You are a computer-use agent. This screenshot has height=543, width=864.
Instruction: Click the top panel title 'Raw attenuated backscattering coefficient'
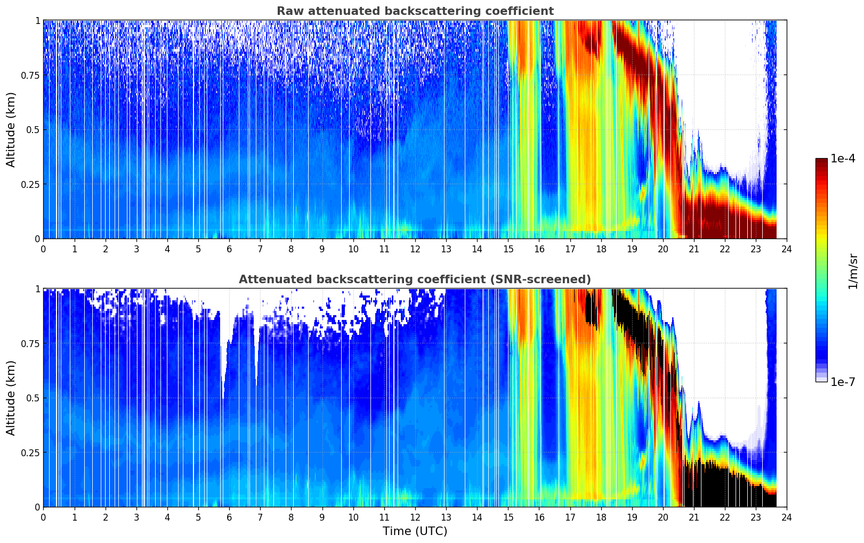[415, 11]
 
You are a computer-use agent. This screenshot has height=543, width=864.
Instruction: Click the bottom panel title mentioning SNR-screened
[415, 279]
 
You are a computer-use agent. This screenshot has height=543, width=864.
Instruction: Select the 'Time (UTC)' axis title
[415, 531]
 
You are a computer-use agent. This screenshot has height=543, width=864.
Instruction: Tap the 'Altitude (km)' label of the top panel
[11, 129]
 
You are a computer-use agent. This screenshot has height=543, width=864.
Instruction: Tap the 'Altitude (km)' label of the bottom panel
[11, 398]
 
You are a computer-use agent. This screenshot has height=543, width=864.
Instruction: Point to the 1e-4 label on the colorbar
[843, 159]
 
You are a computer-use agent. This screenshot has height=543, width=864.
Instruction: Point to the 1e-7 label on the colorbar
[843, 382]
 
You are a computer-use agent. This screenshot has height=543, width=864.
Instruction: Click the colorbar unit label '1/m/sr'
[853, 271]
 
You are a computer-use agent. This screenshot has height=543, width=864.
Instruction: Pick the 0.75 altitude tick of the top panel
[30, 75]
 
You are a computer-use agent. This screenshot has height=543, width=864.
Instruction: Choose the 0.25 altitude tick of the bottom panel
[30, 452]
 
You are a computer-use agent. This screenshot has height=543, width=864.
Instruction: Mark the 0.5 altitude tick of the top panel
[33, 129]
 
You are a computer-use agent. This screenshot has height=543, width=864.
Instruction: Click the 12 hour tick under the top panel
[415, 249]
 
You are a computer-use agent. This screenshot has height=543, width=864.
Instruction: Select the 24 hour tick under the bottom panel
[786, 517]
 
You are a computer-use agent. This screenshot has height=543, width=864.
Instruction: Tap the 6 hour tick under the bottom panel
[229, 517]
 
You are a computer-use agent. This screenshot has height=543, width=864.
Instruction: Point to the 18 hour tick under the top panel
[601, 249]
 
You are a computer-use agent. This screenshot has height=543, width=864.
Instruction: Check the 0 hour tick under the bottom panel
[43, 517]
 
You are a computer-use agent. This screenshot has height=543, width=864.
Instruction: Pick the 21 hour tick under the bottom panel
[693, 517]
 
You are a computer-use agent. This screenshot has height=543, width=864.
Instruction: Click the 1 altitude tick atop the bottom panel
[37, 289]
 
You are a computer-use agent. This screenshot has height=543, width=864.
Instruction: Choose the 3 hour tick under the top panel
[136, 249]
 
